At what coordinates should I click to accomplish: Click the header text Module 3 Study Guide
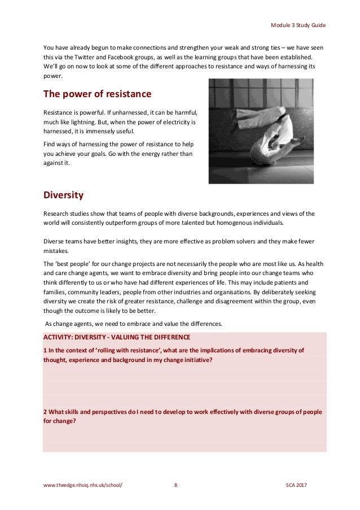298,26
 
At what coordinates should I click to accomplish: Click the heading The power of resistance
97,93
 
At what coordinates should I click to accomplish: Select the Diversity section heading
63,195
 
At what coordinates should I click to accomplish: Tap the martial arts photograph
261,131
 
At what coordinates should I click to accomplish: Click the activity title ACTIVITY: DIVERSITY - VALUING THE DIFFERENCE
117,337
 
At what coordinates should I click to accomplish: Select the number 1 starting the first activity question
45,350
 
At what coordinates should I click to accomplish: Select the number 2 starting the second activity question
45,412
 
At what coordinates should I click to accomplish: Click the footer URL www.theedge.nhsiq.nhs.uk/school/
82,485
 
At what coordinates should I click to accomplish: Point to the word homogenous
219,223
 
